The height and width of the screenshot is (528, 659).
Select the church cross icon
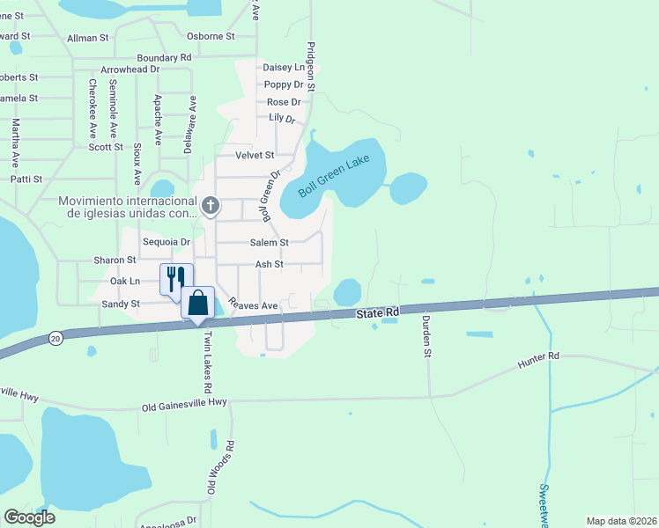pyautogui.click(x=210, y=206)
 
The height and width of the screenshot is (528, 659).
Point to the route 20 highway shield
pyautogui.click(x=56, y=337)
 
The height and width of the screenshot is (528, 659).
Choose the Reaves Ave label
pyautogui.click(x=253, y=304)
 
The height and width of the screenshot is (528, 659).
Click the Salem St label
pyautogui.click(x=270, y=242)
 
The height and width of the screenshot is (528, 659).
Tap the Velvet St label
pyautogui.click(x=255, y=155)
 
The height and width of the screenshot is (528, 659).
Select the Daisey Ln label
pyautogui.click(x=283, y=67)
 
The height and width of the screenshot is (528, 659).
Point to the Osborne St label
pyautogui.click(x=211, y=36)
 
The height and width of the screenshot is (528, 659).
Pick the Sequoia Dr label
pyautogui.click(x=167, y=242)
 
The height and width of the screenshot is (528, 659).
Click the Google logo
pyautogui.click(x=29, y=517)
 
